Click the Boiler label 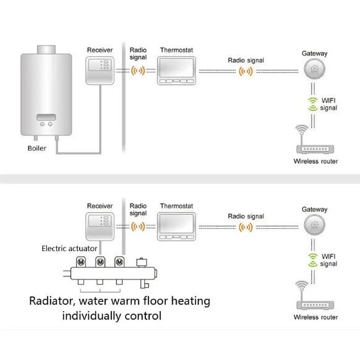coord(36,148)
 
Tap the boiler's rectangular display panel coord(46,117)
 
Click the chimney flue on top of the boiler coord(46,49)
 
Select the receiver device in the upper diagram coord(100,71)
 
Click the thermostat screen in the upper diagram coord(176,67)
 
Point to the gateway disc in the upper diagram coord(314,69)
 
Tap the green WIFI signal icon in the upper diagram coord(313,105)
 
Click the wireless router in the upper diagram coord(315,139)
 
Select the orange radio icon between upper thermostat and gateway coord(246,71)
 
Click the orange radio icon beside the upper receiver coord(138,71)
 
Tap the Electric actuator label coord(69,249)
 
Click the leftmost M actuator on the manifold coord(81,262)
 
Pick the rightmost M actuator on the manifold coord(119,262)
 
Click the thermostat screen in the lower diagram coord(176,223)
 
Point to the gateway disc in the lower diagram coord(314,225)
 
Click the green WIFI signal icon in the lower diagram coord(313,260)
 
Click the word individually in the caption coord(92,316)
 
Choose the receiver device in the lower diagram coord(100,226)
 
